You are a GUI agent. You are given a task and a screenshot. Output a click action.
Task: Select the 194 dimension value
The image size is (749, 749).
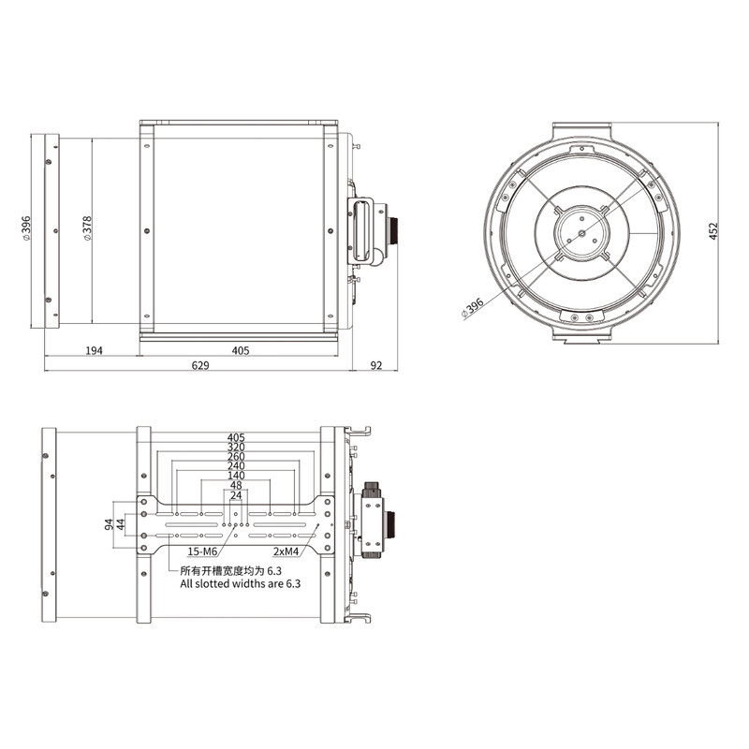[x=94, y=351]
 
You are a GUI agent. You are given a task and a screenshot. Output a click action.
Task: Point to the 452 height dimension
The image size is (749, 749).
[x=713, y=230]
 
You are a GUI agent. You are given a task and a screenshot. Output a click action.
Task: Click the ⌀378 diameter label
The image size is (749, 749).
[x=86, y=230]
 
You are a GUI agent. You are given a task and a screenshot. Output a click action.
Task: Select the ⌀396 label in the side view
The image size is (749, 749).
[x=27, y=229]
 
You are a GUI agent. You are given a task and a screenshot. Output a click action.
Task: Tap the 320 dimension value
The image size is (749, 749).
[x=236, y=448]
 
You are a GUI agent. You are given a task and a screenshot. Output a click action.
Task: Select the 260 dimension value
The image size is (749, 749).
[x=236, y=457]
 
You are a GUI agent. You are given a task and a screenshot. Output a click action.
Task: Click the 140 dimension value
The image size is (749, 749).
[x=236, y=476]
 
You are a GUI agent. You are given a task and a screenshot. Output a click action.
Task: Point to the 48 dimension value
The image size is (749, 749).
[x=236, y=486]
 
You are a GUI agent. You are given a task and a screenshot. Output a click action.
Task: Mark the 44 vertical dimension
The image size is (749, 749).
[x=120, y=527]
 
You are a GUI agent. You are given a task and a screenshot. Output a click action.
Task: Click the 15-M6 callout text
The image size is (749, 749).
[x=204, y=551]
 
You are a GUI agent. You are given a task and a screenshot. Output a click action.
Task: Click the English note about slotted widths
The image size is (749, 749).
[x=241, y=583]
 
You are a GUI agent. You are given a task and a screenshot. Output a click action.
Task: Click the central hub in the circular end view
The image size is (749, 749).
[x=580, y=231]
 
